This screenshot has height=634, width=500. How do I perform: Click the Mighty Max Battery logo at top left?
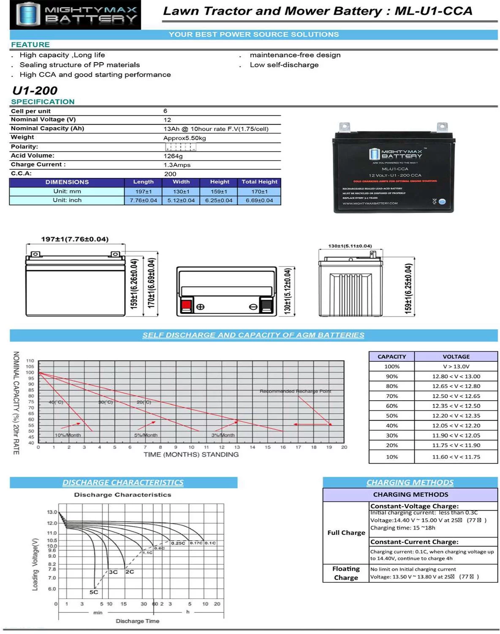75,15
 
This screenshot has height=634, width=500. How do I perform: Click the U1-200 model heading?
35,90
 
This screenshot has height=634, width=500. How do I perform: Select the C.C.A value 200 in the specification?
170,174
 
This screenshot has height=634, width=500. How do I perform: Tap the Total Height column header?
259,182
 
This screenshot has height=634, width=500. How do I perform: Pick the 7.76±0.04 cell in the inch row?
143,200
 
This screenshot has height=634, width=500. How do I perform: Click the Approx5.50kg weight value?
185,138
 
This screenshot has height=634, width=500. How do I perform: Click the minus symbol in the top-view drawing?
253,307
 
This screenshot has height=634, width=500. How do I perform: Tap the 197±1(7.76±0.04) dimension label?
75,239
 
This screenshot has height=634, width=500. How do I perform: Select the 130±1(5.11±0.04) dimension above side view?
350,246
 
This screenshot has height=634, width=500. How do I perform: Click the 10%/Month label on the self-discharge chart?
68,435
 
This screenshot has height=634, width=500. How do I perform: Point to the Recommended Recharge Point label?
295,391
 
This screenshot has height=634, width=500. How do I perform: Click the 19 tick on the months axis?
329,447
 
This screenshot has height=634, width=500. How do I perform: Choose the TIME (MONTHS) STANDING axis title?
191,455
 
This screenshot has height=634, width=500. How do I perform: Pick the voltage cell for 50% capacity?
456,416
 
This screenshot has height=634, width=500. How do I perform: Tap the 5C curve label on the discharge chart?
93,592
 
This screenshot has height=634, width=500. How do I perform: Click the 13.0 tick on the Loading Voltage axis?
52,512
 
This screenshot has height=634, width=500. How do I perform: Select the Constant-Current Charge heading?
414,542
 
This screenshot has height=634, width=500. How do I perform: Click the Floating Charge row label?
346,573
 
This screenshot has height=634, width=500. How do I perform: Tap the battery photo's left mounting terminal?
345,127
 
